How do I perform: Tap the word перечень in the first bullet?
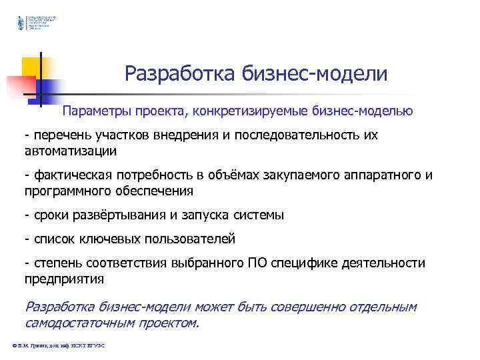click(x=59, y=135)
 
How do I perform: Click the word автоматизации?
click(x=71, y=151)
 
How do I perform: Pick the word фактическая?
click(x=70, y=175)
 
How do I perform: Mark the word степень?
click(x=55, y=263)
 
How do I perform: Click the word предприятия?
click(x=65, y=279)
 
